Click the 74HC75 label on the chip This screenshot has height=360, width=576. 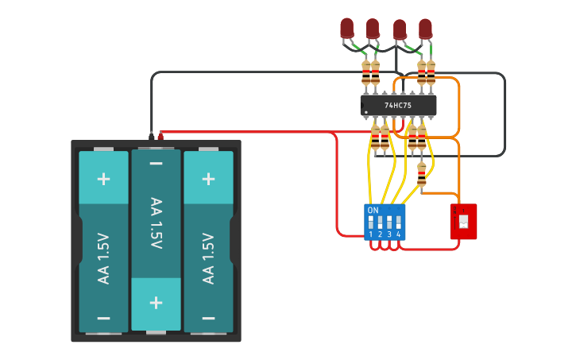[x=397, y=105]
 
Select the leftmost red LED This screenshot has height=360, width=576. [x=346, y=29]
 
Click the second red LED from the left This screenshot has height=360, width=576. [x=373, y=29]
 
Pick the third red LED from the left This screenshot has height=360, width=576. [x=400, y=30]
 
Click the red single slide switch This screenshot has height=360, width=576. [x=463, y=221]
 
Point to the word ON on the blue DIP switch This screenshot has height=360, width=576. [x=373, y=210]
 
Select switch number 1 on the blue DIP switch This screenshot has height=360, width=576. [x=371, y=223]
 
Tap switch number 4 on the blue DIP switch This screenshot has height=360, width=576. [x=398, y=223]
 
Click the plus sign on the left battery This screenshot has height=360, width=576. [x=103, y=178]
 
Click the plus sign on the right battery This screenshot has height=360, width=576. [x=208, y=178]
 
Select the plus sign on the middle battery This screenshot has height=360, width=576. [x=156, y=303]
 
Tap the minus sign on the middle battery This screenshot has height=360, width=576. [x=156, y=165]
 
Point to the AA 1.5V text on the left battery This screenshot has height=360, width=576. [x=103, y=258]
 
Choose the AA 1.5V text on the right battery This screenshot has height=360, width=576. [x=208, y=258]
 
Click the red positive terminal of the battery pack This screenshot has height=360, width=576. [x=160, y=136]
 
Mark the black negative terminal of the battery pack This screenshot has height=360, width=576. [x=151, y=136]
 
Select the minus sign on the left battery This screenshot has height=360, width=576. [x=103, y=317]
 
